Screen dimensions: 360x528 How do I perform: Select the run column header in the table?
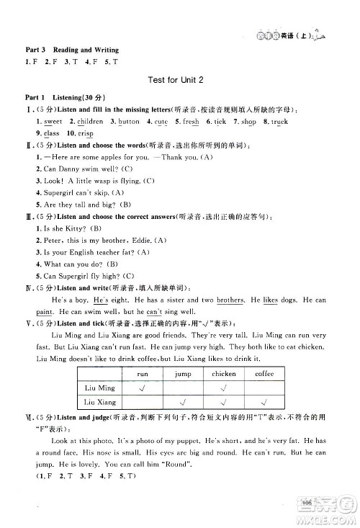pyautogui.click(x=142, y=374)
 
